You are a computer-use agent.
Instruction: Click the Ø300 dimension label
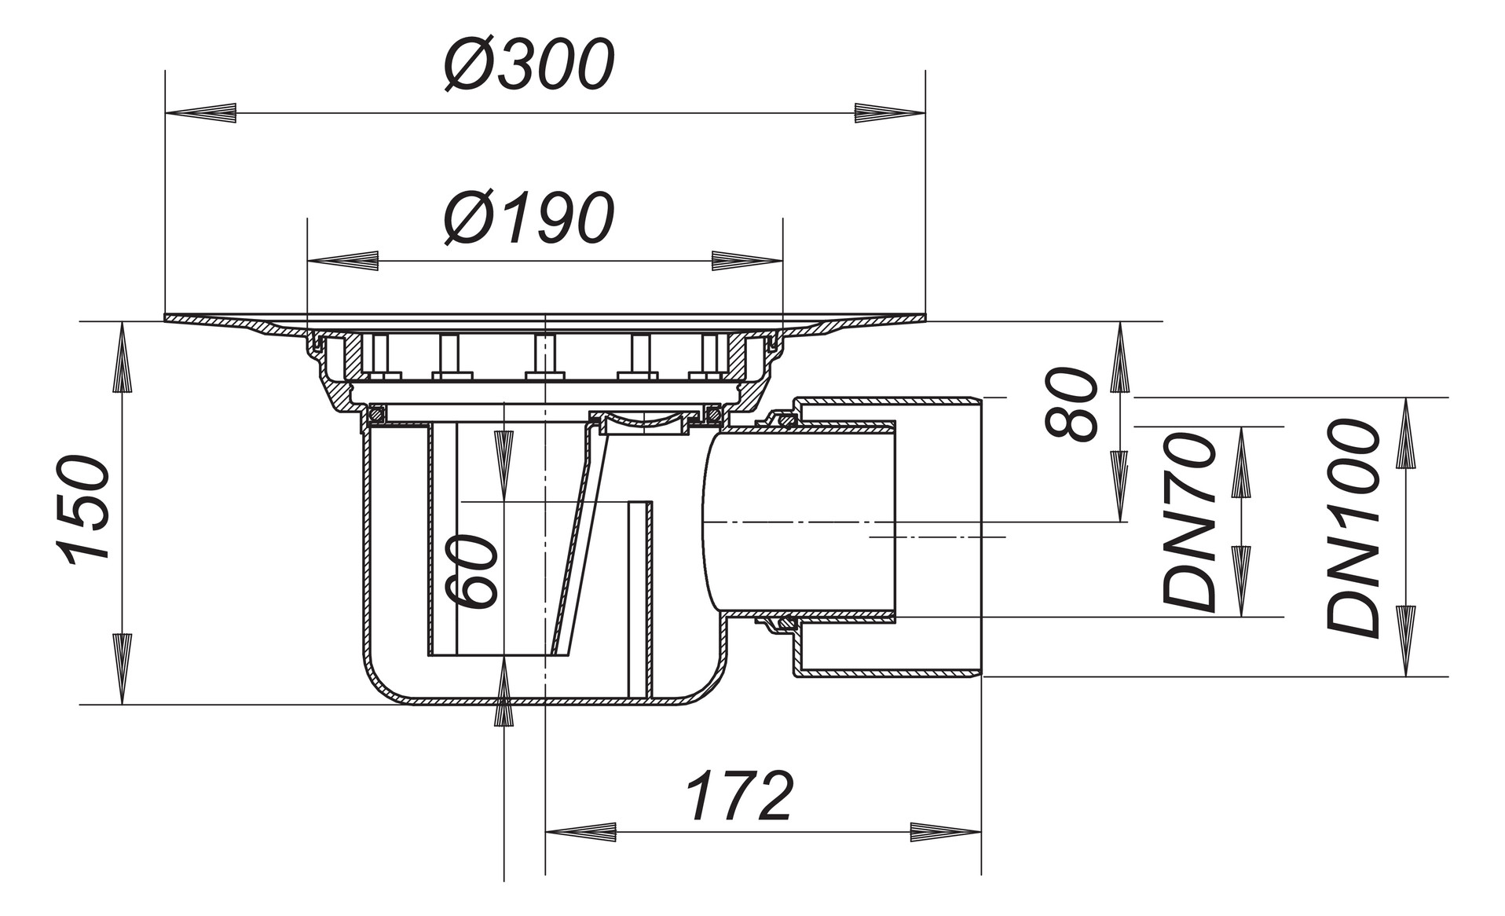click(x=529, y=64)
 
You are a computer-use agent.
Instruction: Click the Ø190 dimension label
click(x=529, y=217)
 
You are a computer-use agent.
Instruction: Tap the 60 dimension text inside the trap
click(x=471, y=572)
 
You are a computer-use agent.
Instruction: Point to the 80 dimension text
click(x=1073, y=404)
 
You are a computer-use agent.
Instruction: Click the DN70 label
click(x=1189, y=522)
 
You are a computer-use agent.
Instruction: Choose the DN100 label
click(x=1353, y=528)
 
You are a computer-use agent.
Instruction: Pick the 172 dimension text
click(x=739, y=797)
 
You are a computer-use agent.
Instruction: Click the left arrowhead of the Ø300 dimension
click(x=200, y=113)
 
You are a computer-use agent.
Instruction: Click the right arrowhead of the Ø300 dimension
click(x=890, y=113)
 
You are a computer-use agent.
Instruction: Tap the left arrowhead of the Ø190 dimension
click(x=342, y=261)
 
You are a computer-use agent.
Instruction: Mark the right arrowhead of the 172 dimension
click(x=946, y=832)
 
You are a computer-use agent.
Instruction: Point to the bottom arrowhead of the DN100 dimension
click(x=1405, y=640)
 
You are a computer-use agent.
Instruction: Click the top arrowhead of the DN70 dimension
click(x=1241, y=463)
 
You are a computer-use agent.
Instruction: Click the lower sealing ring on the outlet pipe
click(x=782, y=625)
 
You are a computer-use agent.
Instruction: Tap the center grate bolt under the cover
click(x=544, y=357)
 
